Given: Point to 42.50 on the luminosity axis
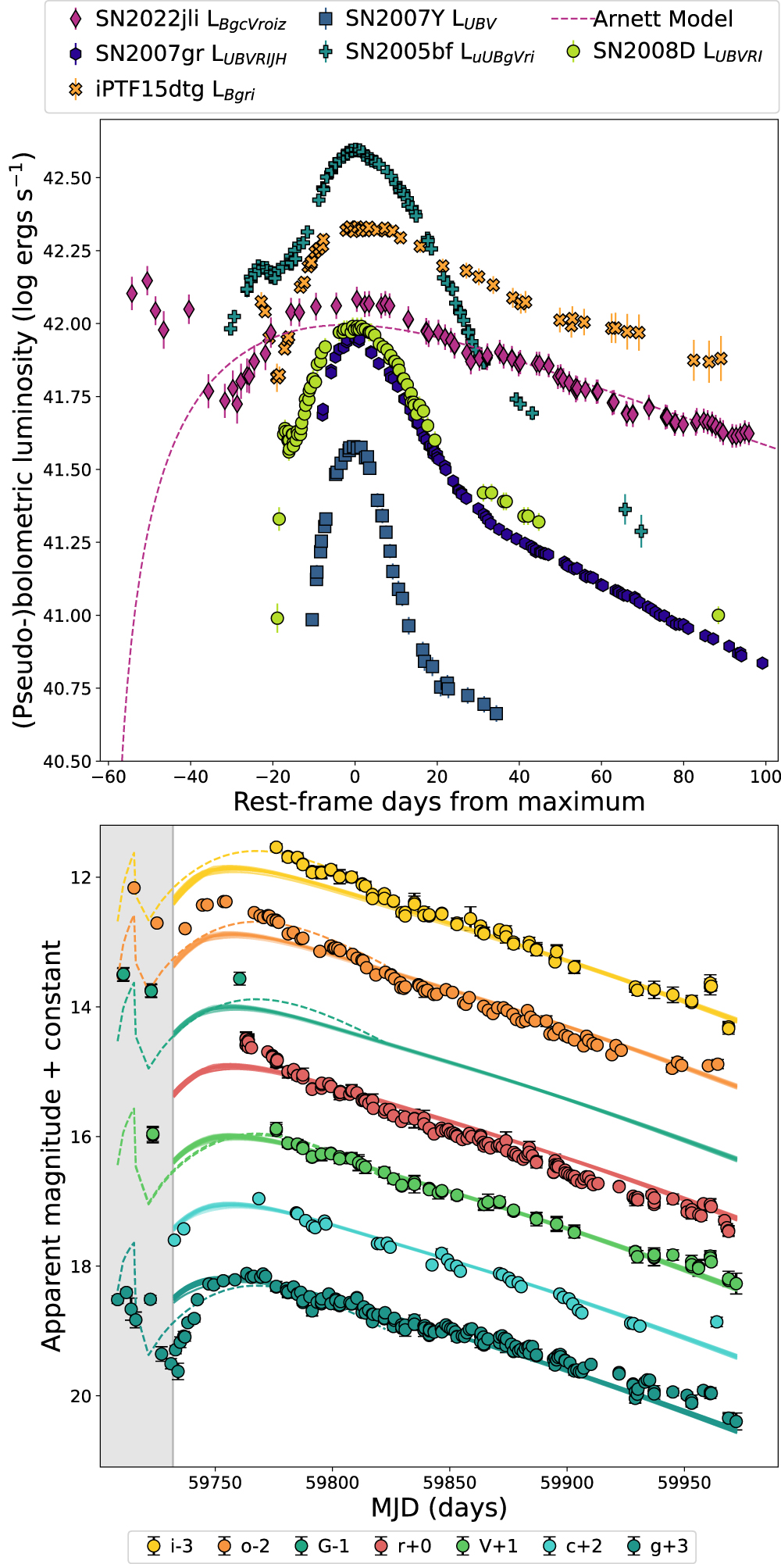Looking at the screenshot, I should click(x=67, y=178).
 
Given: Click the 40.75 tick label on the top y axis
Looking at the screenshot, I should click(x=67, y=688).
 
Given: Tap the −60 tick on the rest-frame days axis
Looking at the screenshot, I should click(x=109, y=777).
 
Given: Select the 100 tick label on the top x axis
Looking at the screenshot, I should click(x=765, y=777).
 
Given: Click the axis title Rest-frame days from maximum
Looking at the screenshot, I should click(x=439, y=802).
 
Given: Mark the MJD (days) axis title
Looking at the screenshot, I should click(x=439, y=1507).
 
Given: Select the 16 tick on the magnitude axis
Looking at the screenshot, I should click(x=80, y=1137).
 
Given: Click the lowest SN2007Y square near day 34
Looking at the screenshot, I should click(x=496, y=713).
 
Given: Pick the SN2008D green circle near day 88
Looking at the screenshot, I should click(x=719, y=615).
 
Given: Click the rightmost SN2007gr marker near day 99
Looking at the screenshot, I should click(x=762, y=663).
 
